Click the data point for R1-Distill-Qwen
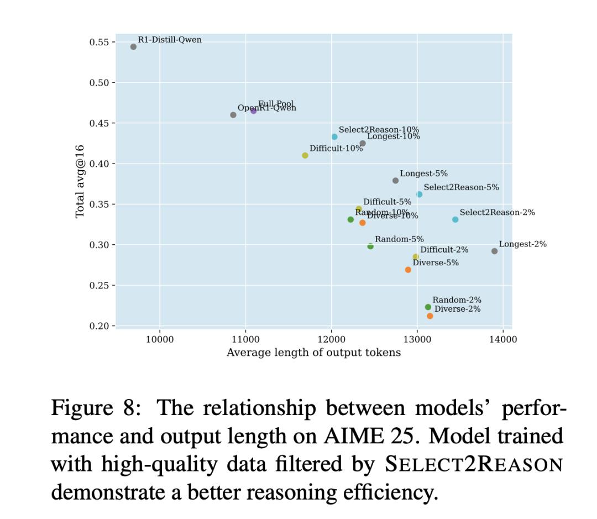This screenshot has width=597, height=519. [133, 47]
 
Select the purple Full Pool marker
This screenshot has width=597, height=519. [254, 111]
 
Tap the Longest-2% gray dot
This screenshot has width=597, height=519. [494, 251]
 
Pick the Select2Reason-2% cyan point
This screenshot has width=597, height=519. [455, 219]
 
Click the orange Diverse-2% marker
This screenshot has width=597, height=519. [430, 316]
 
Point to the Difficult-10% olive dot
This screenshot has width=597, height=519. [305, 155]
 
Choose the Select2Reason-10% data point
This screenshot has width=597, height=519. [334, 137]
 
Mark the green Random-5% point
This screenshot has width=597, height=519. [370, 247]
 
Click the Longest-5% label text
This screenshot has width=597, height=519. [423, 174]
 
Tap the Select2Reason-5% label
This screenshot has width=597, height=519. [461, 187]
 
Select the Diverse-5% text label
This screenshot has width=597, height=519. [436, 263]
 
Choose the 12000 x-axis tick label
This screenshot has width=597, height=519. [331, 339]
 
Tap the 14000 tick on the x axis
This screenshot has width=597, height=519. [502, 339]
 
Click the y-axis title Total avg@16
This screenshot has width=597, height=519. [80, 181]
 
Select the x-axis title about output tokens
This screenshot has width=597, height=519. [313, 353]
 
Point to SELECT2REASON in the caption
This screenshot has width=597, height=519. [473, 464]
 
